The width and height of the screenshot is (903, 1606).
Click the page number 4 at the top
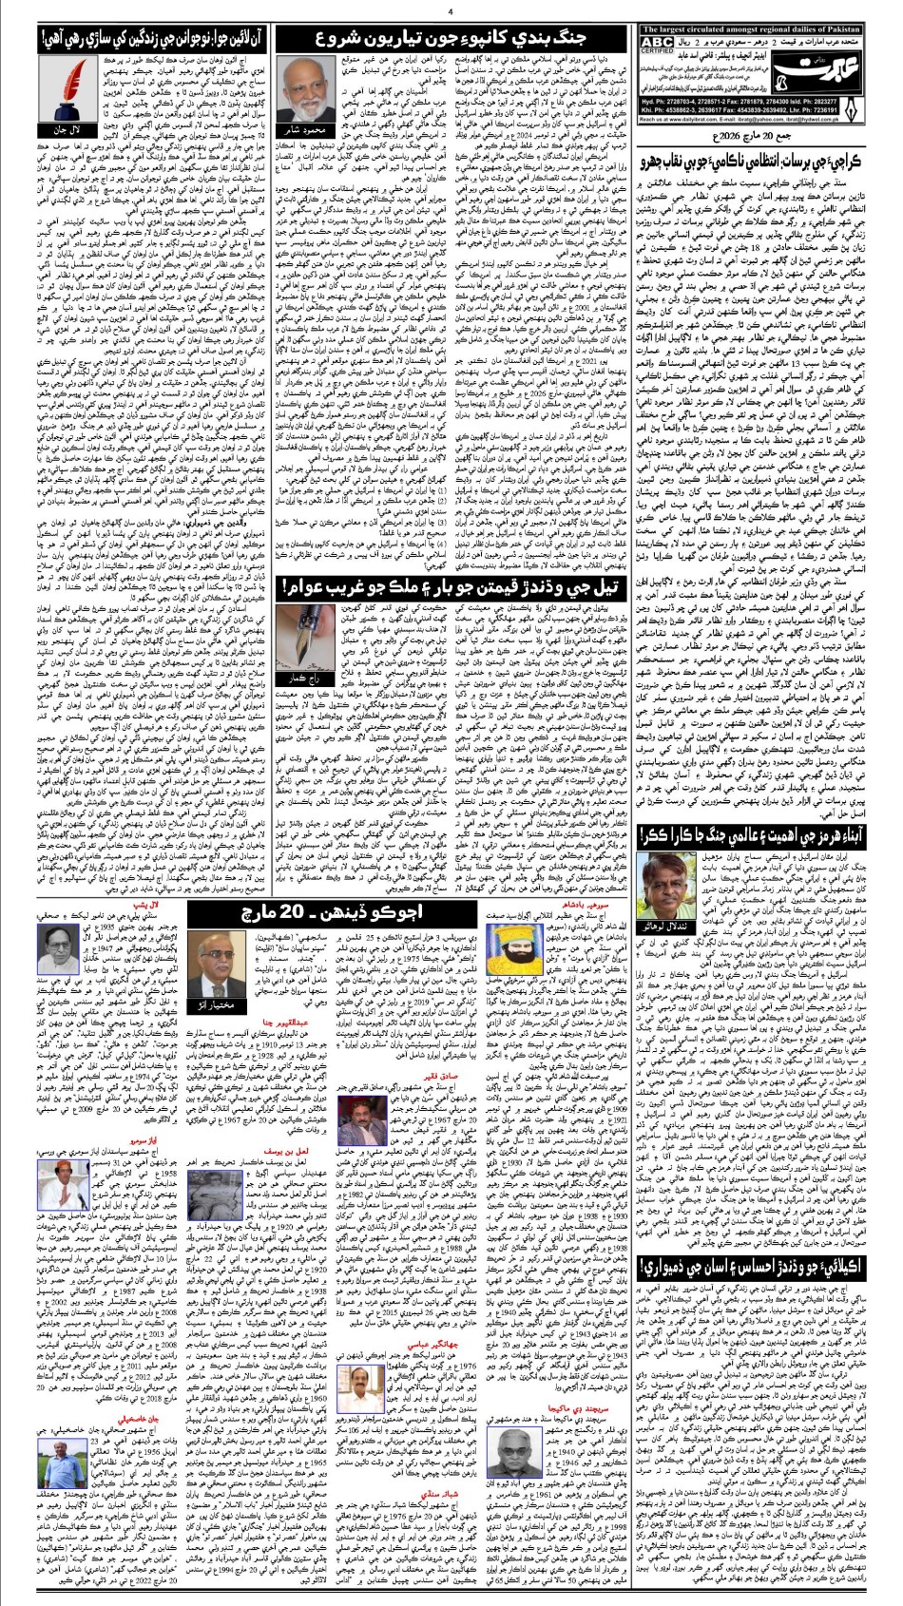450,12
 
